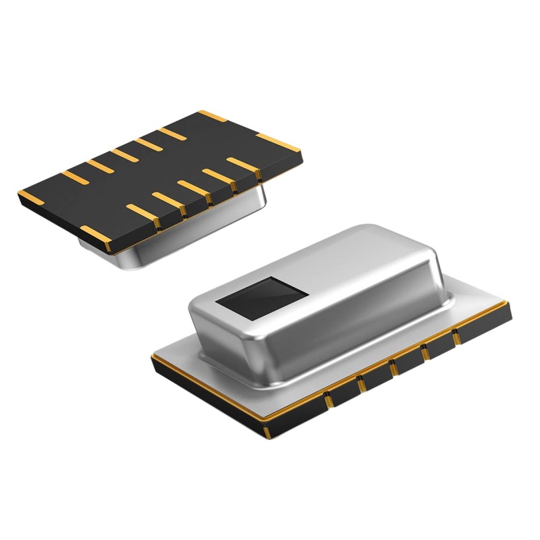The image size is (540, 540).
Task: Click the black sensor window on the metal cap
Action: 264,296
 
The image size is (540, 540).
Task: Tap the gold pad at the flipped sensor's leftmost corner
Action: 28,196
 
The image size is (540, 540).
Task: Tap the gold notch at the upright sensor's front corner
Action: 267,429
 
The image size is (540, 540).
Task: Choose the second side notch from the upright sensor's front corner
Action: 361,384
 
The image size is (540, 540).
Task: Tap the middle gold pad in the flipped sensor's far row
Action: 124,155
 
